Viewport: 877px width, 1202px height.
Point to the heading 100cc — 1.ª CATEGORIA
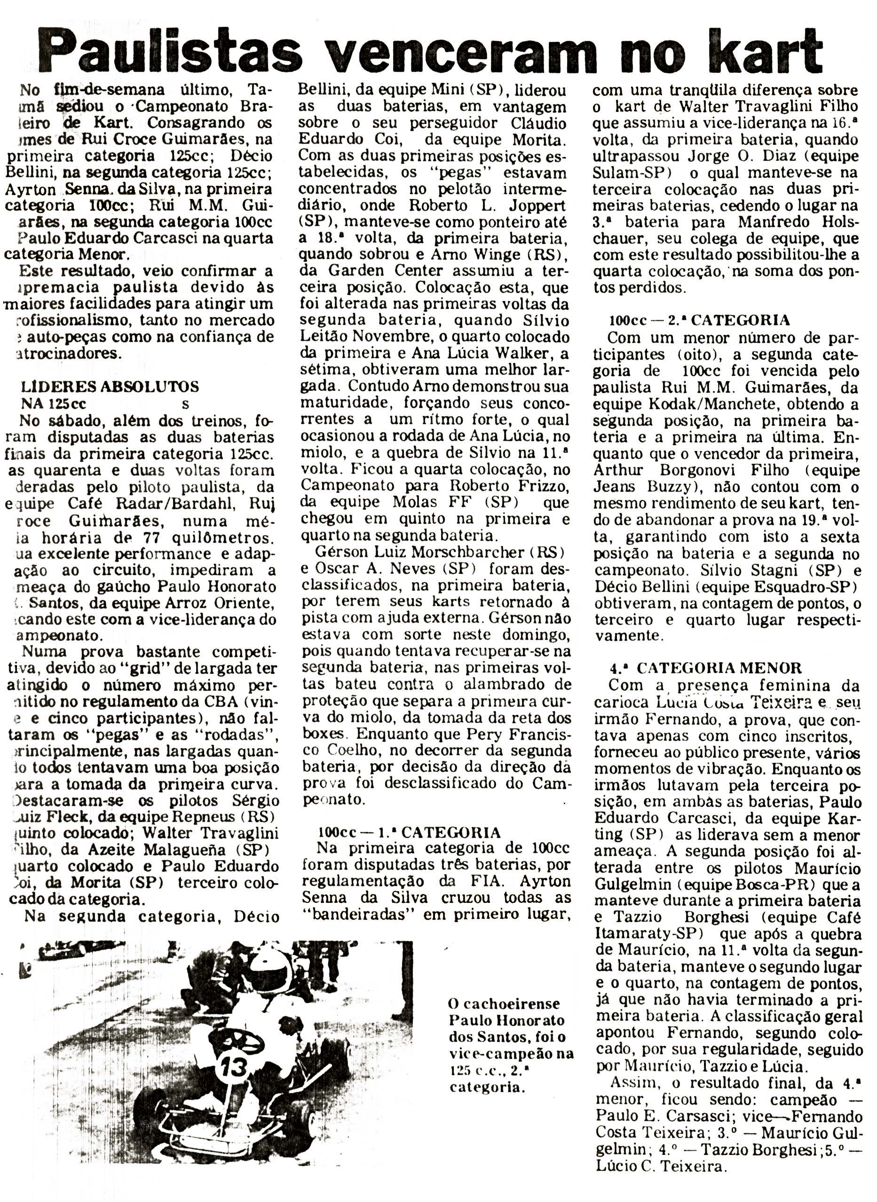pyautogui.click(x=409, y=832)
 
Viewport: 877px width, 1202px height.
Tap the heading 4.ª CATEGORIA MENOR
pyautogui.click(x=706, y=667)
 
